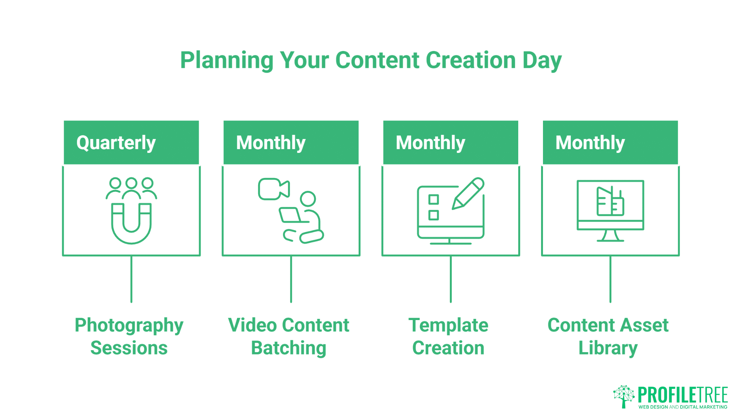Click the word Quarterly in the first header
(x=116, y=143)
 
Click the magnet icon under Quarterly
(x=131, y=224)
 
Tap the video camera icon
(x=274, y=189)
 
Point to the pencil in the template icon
(x=468, y=193)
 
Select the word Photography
(x=129, y=325)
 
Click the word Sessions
(x=129, y=348)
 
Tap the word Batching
(x=289, y=348)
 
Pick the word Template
(x=448, y=325)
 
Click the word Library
(x=608, y=348)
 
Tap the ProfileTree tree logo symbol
(x=623, y=396)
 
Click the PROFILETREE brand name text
(x=682, y=395)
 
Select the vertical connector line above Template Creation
(x=451, y=279)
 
